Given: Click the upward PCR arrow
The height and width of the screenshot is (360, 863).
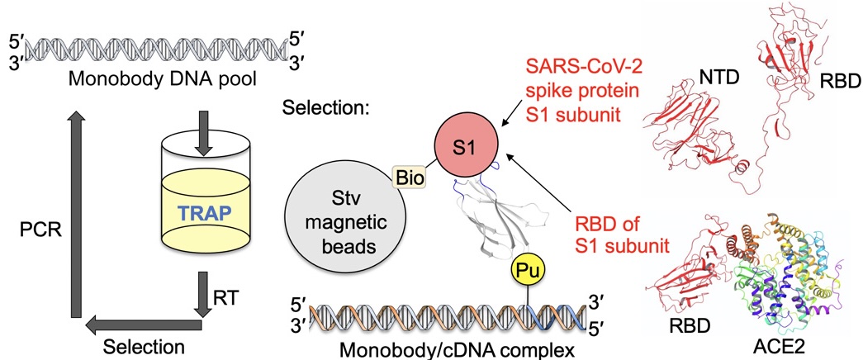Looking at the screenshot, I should click(78, 215).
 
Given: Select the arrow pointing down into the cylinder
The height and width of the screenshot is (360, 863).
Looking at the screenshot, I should click(202, 133).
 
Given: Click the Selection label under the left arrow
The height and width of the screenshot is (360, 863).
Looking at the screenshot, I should click(145, 343).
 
